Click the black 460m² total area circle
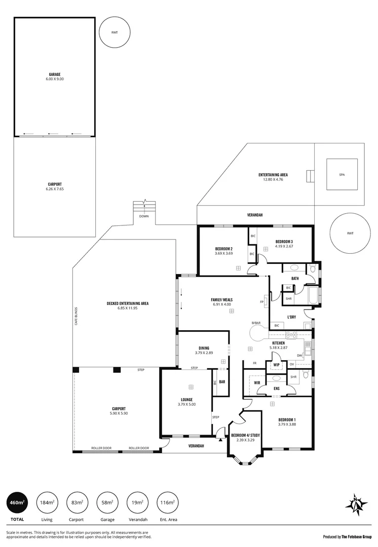(x=16, y=503)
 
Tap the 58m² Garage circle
(x=106, y=503)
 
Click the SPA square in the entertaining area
(x=342, y=175)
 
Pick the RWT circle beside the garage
(x=115, y=32)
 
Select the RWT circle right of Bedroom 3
(x=349, y=233)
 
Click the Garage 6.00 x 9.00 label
(x=54, y=76)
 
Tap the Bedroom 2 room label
(x=223, y=251)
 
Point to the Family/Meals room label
(x=221, y=302)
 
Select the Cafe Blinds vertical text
(x=76, y=315)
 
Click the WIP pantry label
(x=276, y=364)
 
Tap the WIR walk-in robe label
(x=257, y=382)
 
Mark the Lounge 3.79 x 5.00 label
(x=186, y=402)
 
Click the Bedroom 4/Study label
(x=245, y=438)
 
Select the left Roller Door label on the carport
(x=101, y=448)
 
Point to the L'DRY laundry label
(x=291, y=317)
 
